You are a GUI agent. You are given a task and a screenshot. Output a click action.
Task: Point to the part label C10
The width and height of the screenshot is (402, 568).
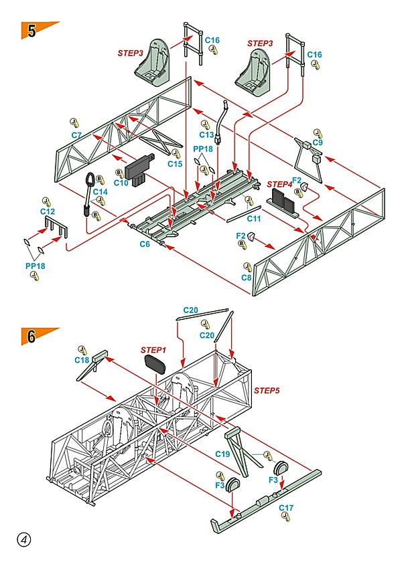(x=121, y=182)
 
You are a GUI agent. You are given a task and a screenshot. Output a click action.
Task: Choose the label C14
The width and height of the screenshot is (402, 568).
(x=100, y=192)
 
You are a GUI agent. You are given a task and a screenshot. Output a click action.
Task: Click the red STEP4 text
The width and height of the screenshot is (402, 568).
(x=279, y=184)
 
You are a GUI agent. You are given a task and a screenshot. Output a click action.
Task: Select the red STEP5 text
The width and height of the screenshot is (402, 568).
(x=266, y=390)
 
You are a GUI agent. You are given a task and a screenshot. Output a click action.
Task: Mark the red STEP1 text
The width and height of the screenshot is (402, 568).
(x=153, y=350)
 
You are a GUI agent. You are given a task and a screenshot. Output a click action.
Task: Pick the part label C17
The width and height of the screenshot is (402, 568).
(x=286, y=508)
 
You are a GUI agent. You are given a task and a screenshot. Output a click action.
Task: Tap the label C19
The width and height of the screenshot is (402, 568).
(x=223, y=454)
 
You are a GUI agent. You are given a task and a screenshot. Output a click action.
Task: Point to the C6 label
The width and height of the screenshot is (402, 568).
(x=145, y=244)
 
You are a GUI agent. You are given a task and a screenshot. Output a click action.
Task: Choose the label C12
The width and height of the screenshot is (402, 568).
(x=46, y=211)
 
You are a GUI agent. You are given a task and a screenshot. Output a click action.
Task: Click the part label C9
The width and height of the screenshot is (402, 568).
(x=318, y=143)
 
